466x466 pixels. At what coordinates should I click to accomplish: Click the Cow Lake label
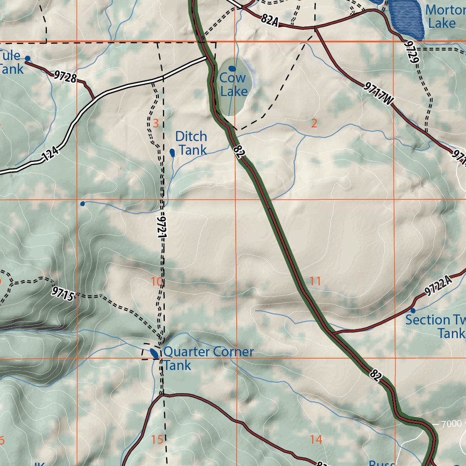(233, 85)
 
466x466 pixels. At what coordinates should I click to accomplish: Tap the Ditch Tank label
(191, 143)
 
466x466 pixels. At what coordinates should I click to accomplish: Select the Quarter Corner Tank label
(208, 358)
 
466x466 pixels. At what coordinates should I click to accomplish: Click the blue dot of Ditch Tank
(172, 152)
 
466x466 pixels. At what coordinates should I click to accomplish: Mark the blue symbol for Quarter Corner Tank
(154, 353)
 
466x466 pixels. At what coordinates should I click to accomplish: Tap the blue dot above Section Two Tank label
(413, 310)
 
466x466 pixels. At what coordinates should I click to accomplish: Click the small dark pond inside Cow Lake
(232, 69)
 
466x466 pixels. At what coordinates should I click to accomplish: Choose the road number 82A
(269, 20)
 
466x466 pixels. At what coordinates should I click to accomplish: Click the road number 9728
(64, 76)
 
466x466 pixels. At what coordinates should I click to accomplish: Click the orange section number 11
(315, 281)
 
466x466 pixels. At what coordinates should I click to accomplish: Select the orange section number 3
(156, 123)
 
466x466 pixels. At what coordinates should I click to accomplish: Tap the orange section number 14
(316, 439)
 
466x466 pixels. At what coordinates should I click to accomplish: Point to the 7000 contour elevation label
(451, 424)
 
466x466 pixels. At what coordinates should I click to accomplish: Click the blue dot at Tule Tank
(27, 58)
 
